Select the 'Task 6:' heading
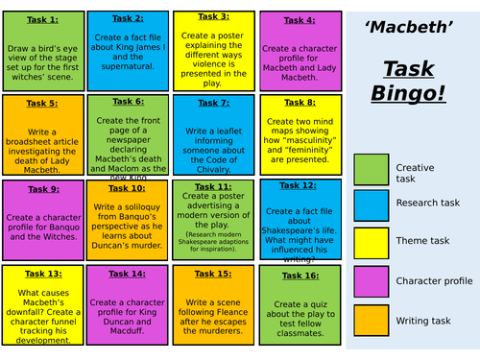pyautogui.click(x=127, y=101)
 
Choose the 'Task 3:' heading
pyautogui.click(x=212, y=16)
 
